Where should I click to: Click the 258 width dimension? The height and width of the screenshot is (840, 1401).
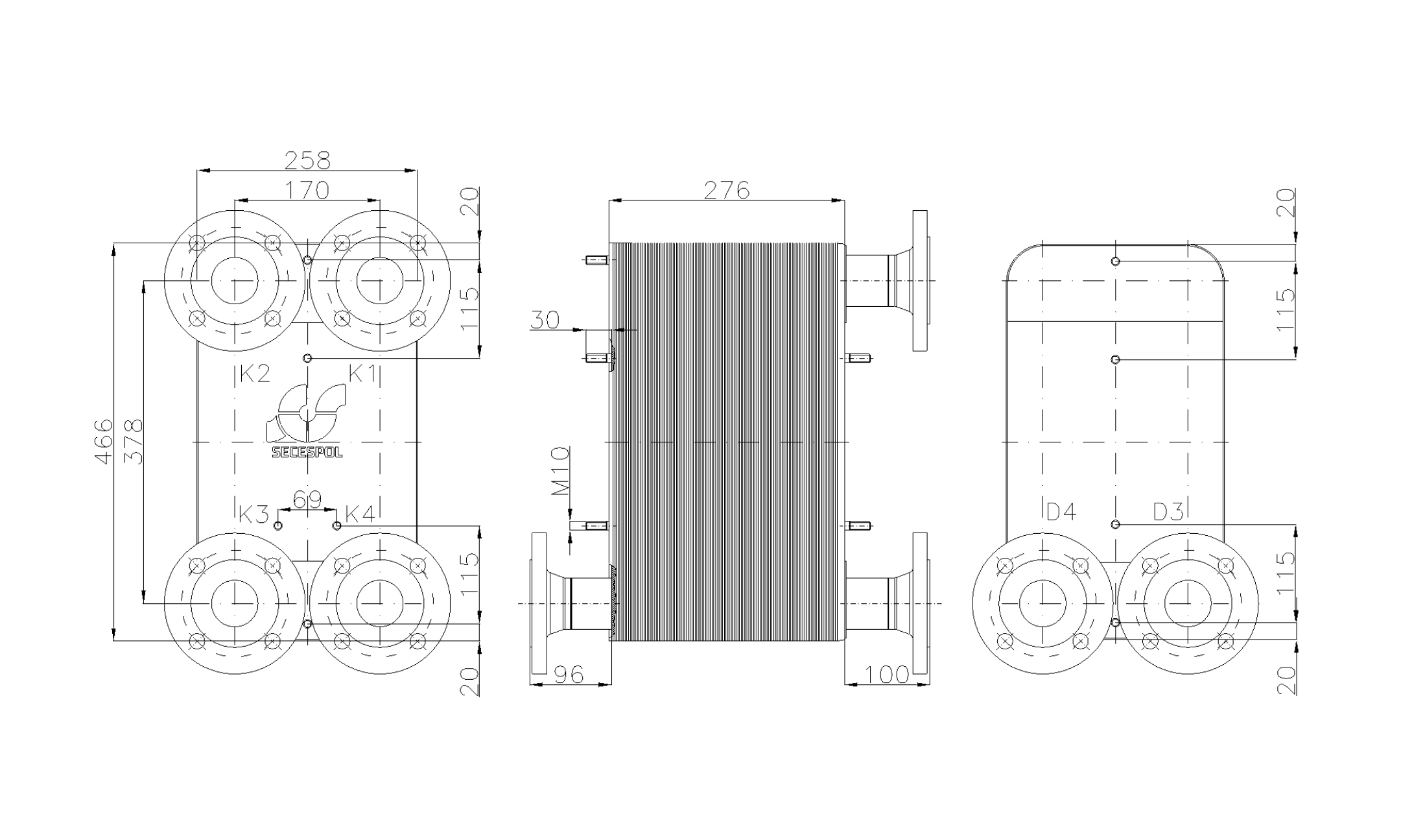307,160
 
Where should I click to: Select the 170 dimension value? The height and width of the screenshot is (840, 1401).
307,190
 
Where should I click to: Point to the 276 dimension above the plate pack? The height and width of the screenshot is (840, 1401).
726,190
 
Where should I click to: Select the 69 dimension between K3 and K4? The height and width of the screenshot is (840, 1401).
307,499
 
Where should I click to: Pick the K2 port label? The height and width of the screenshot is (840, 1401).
254,373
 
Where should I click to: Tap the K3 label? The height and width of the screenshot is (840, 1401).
253,514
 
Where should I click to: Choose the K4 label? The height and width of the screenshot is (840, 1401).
360,514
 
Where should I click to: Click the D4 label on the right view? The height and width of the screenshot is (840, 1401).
1061,512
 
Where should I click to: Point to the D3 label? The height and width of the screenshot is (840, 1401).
1168,512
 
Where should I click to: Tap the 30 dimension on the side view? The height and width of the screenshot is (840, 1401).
545,320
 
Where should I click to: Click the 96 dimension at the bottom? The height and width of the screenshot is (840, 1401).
570,675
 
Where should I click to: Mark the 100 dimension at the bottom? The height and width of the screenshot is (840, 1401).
887,675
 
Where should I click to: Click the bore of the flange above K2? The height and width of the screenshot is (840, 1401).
234,281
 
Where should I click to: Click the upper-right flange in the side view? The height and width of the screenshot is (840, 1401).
919,281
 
